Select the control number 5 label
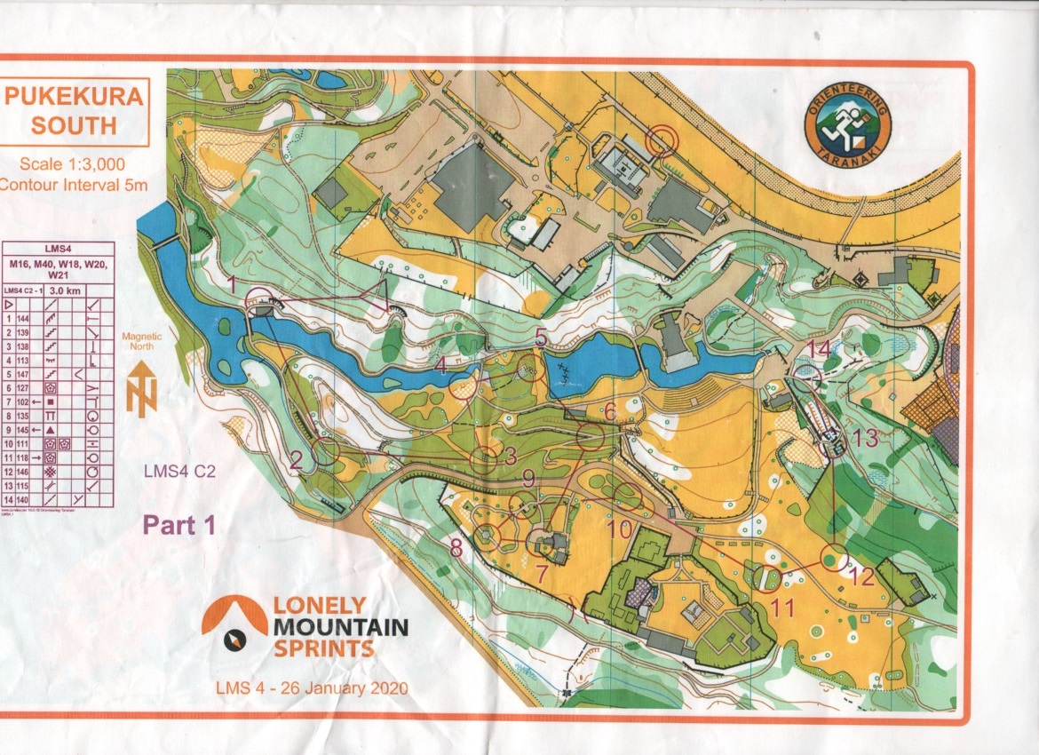[x=542, y=337]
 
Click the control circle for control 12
[x=833, y=557]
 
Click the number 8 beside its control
[x=456, y=548]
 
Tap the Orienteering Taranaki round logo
[x=847, y=129]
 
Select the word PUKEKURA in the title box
[x=74, y=97]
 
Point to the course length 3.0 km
[x=67, y=290]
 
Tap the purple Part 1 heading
[x=180, y=525]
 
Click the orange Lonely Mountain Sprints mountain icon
[x=234, y=617]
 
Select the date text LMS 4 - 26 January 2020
[x=312, y=688]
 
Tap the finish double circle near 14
[x=806, y=377]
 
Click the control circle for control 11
[x=766, y=578]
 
